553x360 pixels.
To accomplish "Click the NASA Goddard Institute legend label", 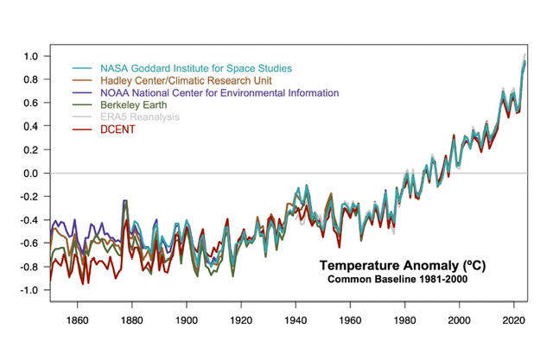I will coord(196,67).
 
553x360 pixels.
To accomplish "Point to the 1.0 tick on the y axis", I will coord(33,56).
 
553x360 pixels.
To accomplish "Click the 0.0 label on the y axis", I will coord(33,173).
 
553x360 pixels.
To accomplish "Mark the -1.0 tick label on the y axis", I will coord(31,289).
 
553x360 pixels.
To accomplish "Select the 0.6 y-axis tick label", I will coord(33,103).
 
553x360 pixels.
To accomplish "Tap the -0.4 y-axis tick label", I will coord(31,219).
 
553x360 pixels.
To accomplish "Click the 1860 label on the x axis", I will coord(77,317).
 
